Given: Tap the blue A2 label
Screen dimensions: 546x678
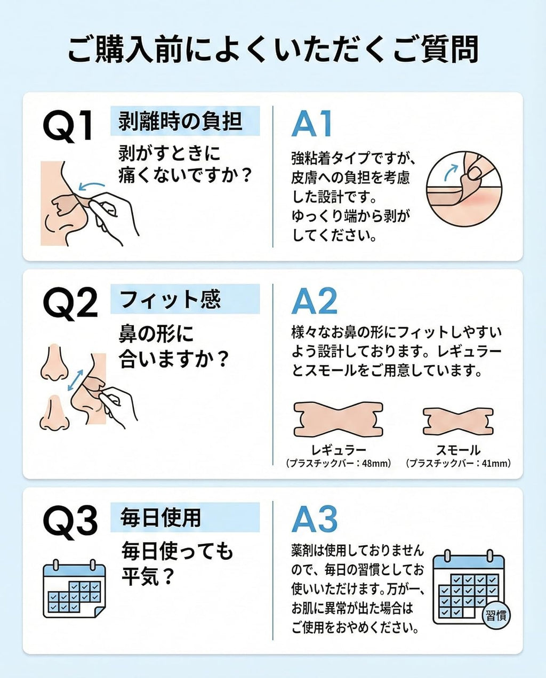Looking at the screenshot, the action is pyautogui.click(x=314, y=301).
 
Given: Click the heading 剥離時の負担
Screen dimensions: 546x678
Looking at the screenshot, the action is pyautogui.click(x=180, y=122).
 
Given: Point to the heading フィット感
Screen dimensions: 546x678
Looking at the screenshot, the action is pyautogui.click(x=170, y=299).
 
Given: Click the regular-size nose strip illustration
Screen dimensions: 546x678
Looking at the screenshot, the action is pyautogui.click(x=338, y=419).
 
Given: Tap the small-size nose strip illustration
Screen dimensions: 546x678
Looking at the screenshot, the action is pyautogui.click(x=458, y=421).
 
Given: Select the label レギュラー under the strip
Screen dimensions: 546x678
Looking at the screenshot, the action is pyautogui.click(x=339, y=450).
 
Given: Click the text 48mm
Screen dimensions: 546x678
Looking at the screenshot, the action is pyautogui.click(x=374, y=463).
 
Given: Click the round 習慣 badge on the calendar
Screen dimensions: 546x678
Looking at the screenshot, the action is pyautogui.click(x=496, y=615).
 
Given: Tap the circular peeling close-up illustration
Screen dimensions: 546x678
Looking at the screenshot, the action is pyautogui.click(x=464, y=189).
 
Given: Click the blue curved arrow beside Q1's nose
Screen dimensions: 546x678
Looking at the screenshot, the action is pyautogui.click(x=91, y=185).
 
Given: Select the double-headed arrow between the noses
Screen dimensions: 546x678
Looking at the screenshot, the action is pyautogui.click(x=75, y=380).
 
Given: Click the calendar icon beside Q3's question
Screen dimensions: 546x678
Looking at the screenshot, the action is pyautogui.click(x=74, y=588).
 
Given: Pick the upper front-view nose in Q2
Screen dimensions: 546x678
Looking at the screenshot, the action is pyautogui.click(x=54, y=362).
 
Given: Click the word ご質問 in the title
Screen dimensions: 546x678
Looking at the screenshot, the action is pyautogui.click(x=435, y=50).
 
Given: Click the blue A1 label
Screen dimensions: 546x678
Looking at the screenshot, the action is pyautogui.click(x=311, y=124).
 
